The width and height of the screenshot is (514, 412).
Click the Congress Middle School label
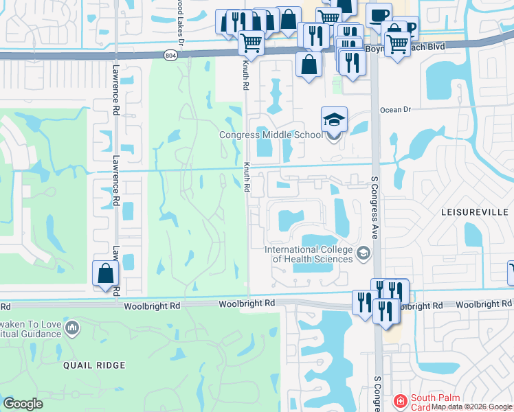(x=270, y=135)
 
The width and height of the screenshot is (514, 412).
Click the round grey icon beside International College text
(x=362, y=255)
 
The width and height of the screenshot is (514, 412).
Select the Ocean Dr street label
(x=395, y=109)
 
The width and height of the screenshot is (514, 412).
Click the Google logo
(x=23, y=404)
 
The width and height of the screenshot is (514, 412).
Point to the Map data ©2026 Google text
(x=471, y=407)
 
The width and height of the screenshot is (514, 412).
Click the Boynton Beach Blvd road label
(x=419, y=47)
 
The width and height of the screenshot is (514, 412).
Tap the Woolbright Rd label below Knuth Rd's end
(x=247, y=303)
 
